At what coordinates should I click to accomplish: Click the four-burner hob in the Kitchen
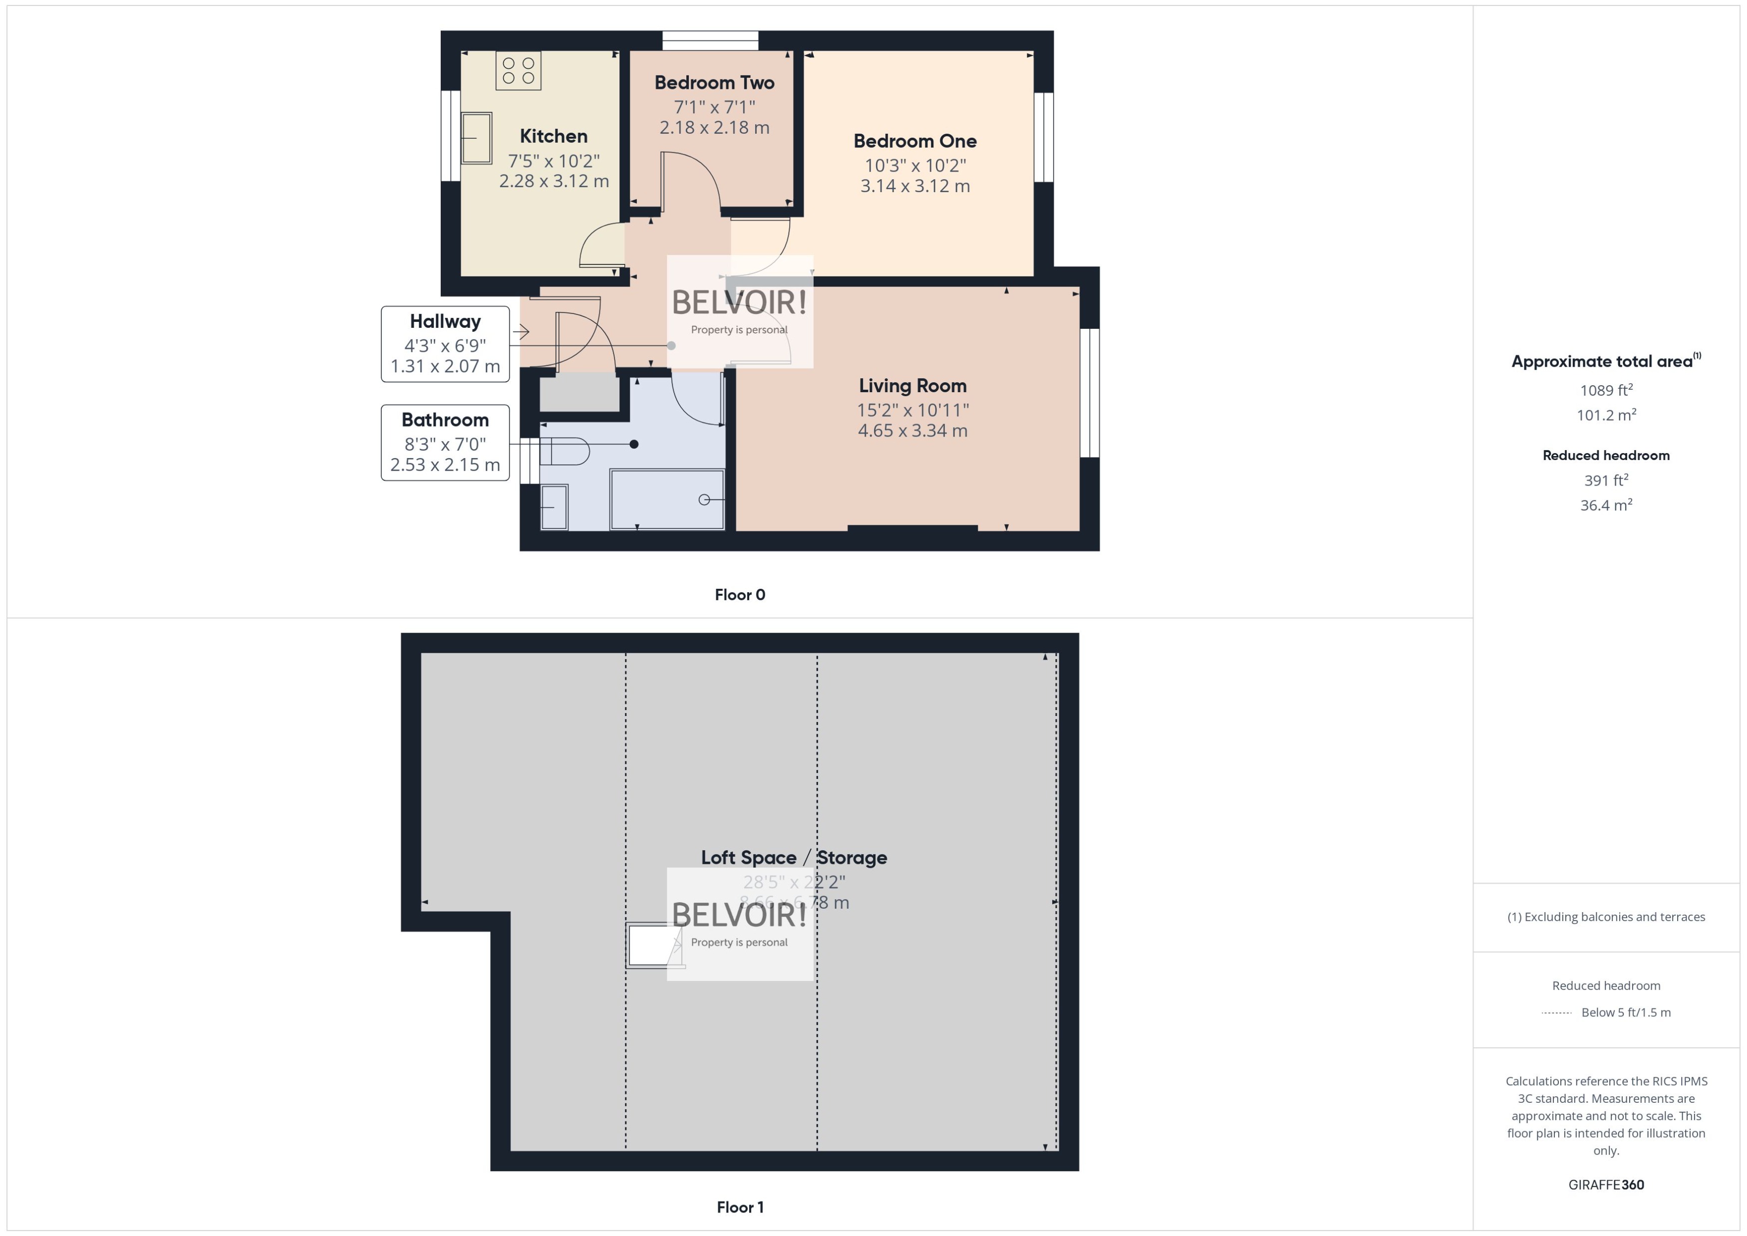(519, 71)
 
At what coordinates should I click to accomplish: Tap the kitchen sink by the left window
(477, 138)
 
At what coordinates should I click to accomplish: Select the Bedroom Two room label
(714, 82)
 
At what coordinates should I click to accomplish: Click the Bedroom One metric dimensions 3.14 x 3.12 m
(914, 186)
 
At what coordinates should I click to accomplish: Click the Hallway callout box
(445, 344)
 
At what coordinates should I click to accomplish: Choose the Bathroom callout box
(445, 442)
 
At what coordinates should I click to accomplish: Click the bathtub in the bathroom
(667, 499)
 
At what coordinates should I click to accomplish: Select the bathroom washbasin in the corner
(554, 507)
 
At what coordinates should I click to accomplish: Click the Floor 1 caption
(739, 1207)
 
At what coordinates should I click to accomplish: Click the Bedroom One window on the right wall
(1044, 138)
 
